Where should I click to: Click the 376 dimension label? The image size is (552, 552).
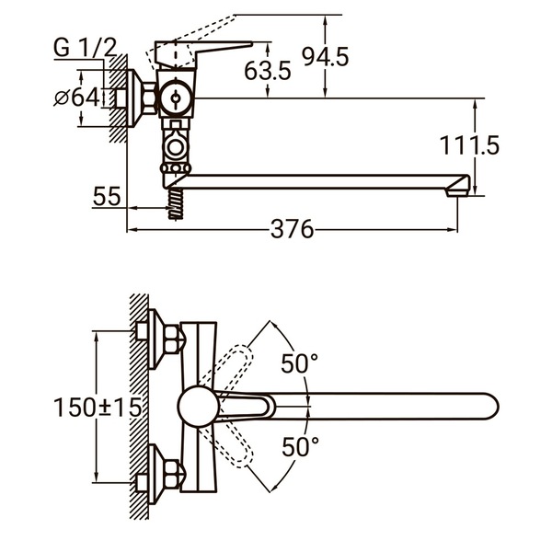coord(292,229)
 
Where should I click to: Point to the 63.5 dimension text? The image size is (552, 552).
coord(268,69)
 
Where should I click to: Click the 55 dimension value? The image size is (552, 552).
coord(107,195)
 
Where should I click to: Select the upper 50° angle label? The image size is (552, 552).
coord(299,364)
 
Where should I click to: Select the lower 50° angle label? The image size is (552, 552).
coord(299,448)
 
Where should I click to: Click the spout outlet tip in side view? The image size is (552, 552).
coord(457,191)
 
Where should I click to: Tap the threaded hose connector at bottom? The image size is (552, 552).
coord(174,204)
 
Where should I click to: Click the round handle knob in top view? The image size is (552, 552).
coord(198,406)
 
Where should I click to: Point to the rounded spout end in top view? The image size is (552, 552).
coord(485,406)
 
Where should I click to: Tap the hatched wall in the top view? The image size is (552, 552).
coord(139,405)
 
